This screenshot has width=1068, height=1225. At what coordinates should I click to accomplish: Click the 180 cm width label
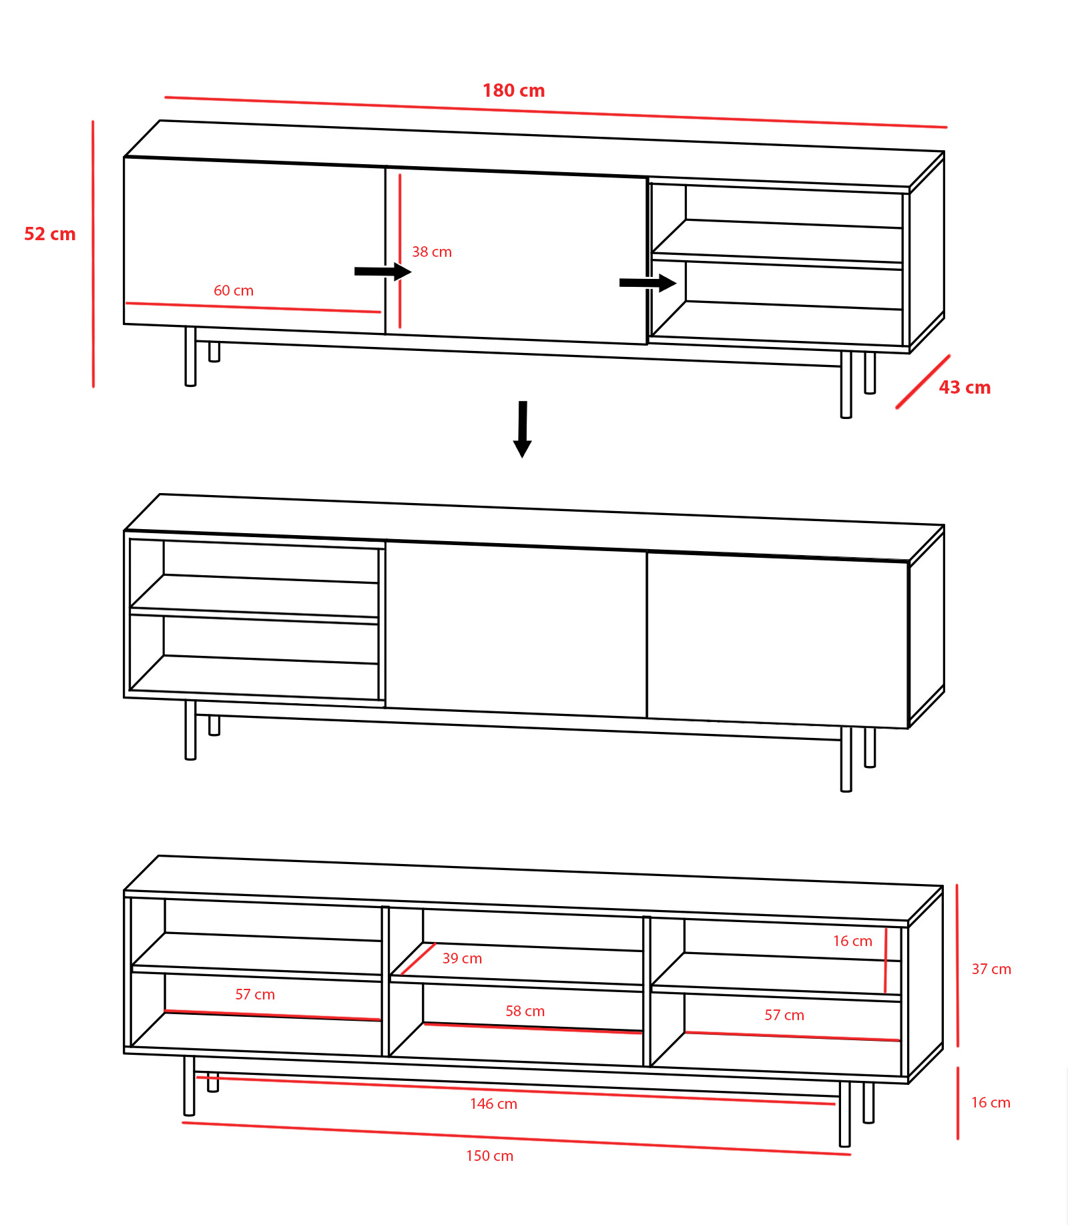tap(513, 91)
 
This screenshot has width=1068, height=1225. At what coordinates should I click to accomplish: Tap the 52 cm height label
tap(50, 234)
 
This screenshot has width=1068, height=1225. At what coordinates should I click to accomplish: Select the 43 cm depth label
tap(965, 388)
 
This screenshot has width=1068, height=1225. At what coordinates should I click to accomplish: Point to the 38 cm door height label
tap(432, 252)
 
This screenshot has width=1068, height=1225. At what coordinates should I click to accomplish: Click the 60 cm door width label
tap(234, 291)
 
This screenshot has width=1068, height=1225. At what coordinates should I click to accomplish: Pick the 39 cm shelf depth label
tap(462, 959)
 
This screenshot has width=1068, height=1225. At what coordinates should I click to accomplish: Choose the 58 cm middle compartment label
tap(525, 1011)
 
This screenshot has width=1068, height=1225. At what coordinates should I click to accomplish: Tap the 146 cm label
tap(493, 1104)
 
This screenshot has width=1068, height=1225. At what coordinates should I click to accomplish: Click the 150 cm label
tap(489, 1156)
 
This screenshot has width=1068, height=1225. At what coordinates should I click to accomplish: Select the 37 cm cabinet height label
tap(991, 969)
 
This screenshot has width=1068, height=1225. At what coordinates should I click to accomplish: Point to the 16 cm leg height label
tap(991, 1103)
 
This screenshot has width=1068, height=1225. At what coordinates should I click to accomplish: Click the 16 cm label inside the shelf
tap(852, 941)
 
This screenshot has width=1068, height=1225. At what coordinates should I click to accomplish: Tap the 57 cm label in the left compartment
tap(255, 995)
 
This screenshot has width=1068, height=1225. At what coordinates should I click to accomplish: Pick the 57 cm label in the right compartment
tap(784, 1015)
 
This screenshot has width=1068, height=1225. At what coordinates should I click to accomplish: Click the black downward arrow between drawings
tap(523, 429)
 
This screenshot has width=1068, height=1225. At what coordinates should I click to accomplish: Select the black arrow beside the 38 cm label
tap(383, 272)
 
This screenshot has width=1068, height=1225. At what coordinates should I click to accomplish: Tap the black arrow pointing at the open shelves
tap(648, 283)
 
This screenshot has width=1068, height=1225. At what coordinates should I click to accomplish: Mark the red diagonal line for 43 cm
tap(922, 382)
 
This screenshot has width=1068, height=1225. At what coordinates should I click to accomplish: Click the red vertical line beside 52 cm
tap(93, 254)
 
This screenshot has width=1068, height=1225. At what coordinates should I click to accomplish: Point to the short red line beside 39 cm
tap(418, 959)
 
